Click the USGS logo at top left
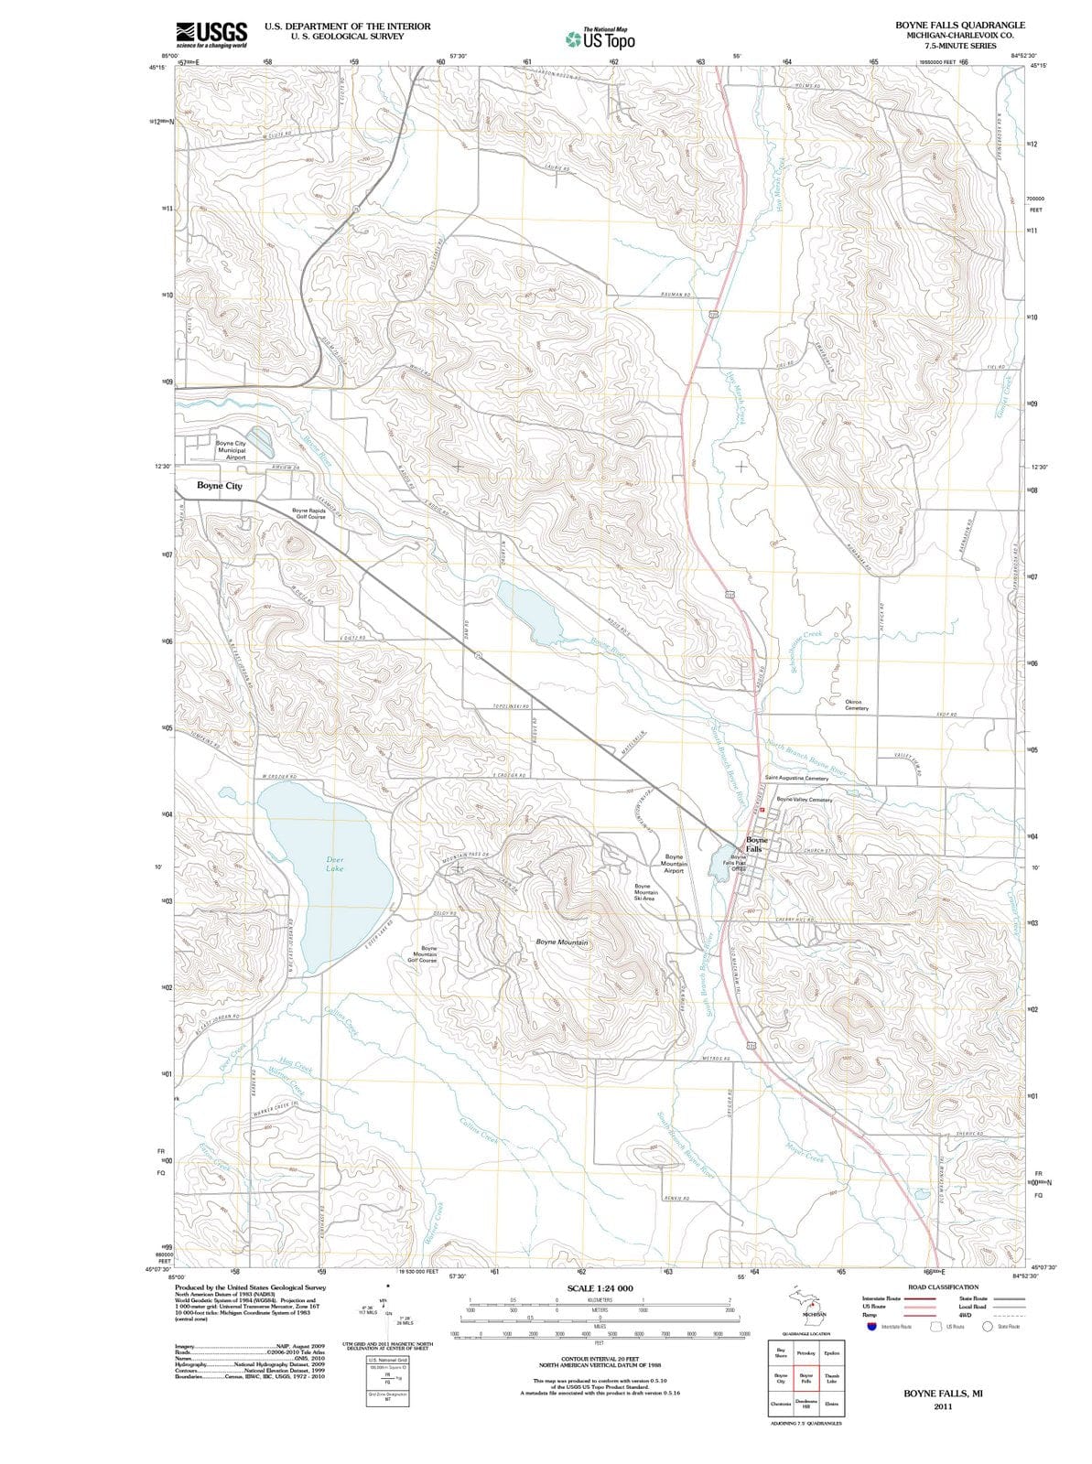pos(211,34)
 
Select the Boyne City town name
pos(220,486)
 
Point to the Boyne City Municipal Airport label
pos(231,450)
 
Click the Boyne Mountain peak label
pos(562,942)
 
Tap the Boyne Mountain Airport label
pos(674,864)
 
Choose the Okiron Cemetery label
pos(857,705)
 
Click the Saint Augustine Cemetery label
pos(796,778)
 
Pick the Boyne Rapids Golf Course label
pos(309,513)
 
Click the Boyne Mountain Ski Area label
pos(644,892)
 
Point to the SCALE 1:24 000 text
pos(600,1288)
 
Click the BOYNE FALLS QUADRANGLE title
pos(960,25)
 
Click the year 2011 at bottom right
pos(943,1406)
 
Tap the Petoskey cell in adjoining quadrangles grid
pos(806,1352)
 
